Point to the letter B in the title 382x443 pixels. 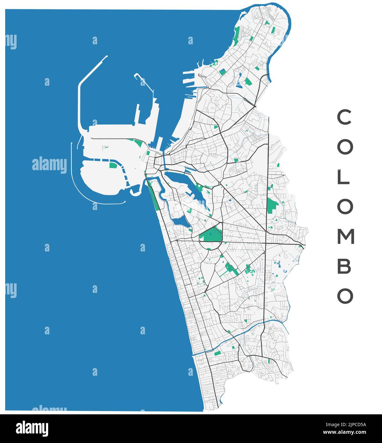point(344,266)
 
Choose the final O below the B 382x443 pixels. point(345,296)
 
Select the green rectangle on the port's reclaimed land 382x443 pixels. point(113,165)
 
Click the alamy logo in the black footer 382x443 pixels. point(32,429)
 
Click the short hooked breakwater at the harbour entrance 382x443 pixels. point(143,81)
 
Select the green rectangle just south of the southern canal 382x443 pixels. point(217,353)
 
